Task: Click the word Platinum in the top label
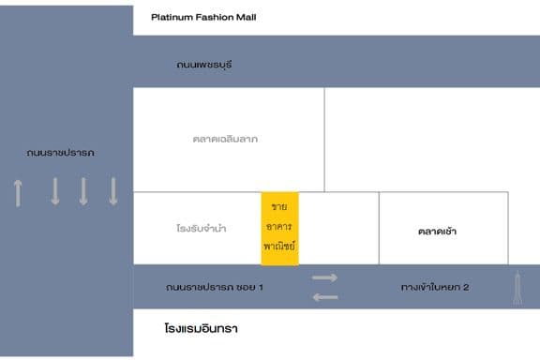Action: [x=172, y=17]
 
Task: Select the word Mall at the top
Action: [x=246, y=17]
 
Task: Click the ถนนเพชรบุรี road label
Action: [x=203, y=65]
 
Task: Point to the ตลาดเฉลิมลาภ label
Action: [x=224, y=139]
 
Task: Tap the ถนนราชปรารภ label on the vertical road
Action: [x=60, y=152]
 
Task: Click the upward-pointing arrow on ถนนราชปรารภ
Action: [x=18, y=192]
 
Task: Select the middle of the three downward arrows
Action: [x=83, y=191]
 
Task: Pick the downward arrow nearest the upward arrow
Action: [x=54, y=191]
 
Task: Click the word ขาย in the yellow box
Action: [x=279, y=206]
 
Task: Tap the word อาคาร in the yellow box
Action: [x=279, y=226]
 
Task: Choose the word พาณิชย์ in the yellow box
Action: [x=279, y=246]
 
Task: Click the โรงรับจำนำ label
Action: [x=201, y=228]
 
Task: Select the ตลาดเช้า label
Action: [x=437, y=230]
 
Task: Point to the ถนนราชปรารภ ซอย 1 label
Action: [x=214, y=286]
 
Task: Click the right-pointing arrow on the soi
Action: [x=324, y=277]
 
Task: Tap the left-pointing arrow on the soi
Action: [x=324, y=296]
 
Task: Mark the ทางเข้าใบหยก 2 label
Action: [x=434, y=286]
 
